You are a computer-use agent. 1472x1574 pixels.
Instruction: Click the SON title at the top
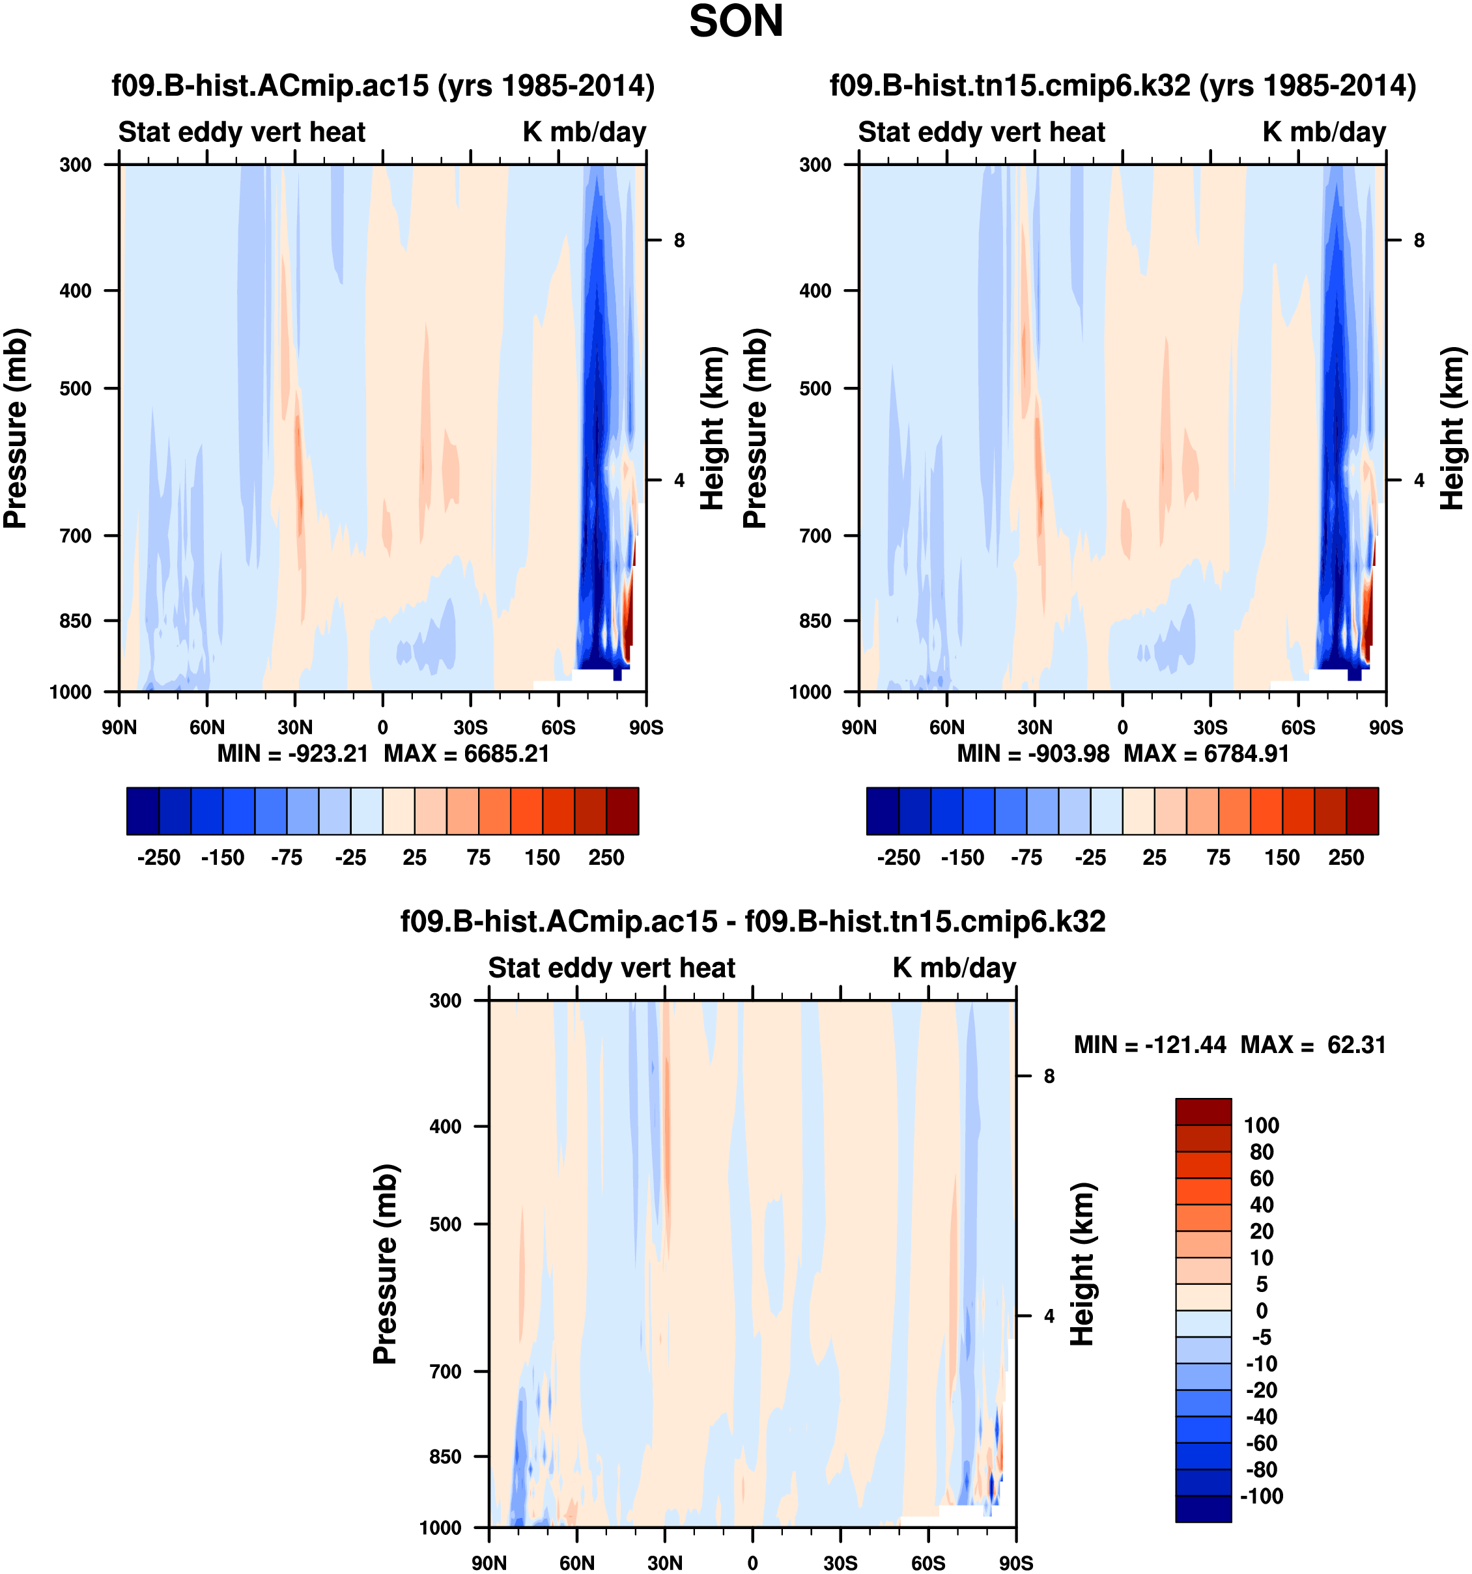click(x=735, y=22)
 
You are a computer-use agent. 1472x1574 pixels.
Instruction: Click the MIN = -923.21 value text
click(x=293, y=753)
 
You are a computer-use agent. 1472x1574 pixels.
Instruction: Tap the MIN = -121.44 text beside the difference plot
click(x=1150, y=1045)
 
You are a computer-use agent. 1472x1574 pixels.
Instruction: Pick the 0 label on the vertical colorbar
click(x=1262, y=1310)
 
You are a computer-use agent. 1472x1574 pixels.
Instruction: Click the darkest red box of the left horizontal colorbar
click(x=623, y=811)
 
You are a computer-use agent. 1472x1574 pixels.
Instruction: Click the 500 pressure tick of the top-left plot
click(x=76, y=389)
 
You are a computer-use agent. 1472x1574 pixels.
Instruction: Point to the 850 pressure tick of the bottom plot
click(x=445, y=1457)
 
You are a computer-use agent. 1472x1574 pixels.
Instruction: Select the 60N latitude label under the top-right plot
click(x=947, y=727)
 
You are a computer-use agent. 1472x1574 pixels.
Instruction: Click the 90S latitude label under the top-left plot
click(x=646, y=727)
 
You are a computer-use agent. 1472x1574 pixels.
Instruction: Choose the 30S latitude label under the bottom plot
click(x=840, y=1563)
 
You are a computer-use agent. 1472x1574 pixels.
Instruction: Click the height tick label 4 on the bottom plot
click(x=1049, y=1316)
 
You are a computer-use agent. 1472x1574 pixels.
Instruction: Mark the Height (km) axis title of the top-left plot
click(x=713, y=428)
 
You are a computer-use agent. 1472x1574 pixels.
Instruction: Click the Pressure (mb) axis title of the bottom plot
click(x=385, y=1263)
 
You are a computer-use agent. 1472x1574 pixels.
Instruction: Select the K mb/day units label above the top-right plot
click(x=1324, y=132)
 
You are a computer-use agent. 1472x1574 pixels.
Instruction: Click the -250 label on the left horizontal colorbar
click(x=158, y=858)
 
